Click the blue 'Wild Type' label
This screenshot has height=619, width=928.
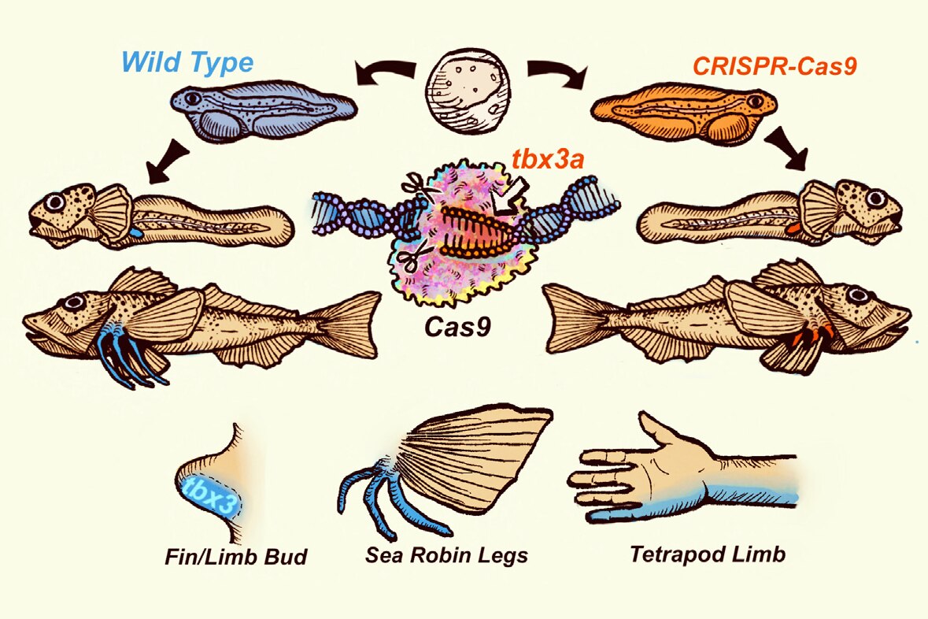[x=187, y=61]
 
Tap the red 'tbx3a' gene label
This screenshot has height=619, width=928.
[x=553, y=161]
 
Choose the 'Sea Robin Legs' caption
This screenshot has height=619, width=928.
[x=446, y=555]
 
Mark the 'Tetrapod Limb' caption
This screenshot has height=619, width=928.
[x=707, y=554]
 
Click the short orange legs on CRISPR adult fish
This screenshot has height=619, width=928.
[x=811, y=337]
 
